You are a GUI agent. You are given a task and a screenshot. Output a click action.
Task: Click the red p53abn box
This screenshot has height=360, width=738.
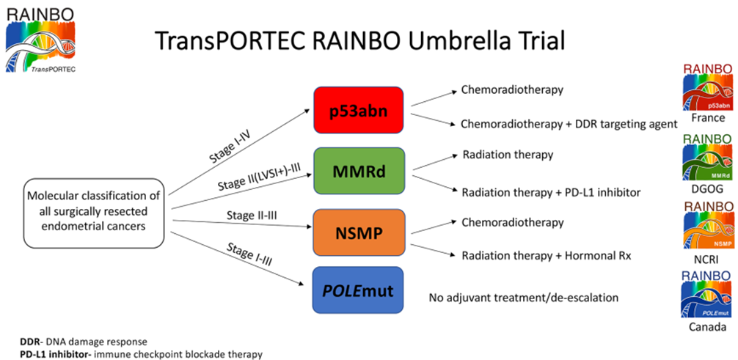[x=359, y=110]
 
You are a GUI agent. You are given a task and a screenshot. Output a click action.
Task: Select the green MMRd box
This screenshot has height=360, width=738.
[x=359, y=171]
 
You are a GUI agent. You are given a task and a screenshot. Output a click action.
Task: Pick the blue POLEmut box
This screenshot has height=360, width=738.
[x=359, y=290]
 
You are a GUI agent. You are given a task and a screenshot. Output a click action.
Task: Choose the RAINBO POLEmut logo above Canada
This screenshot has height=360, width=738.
[x=707, y=294]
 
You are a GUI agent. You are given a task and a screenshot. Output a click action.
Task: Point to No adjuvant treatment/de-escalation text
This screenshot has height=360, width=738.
[x=523, y=298]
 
